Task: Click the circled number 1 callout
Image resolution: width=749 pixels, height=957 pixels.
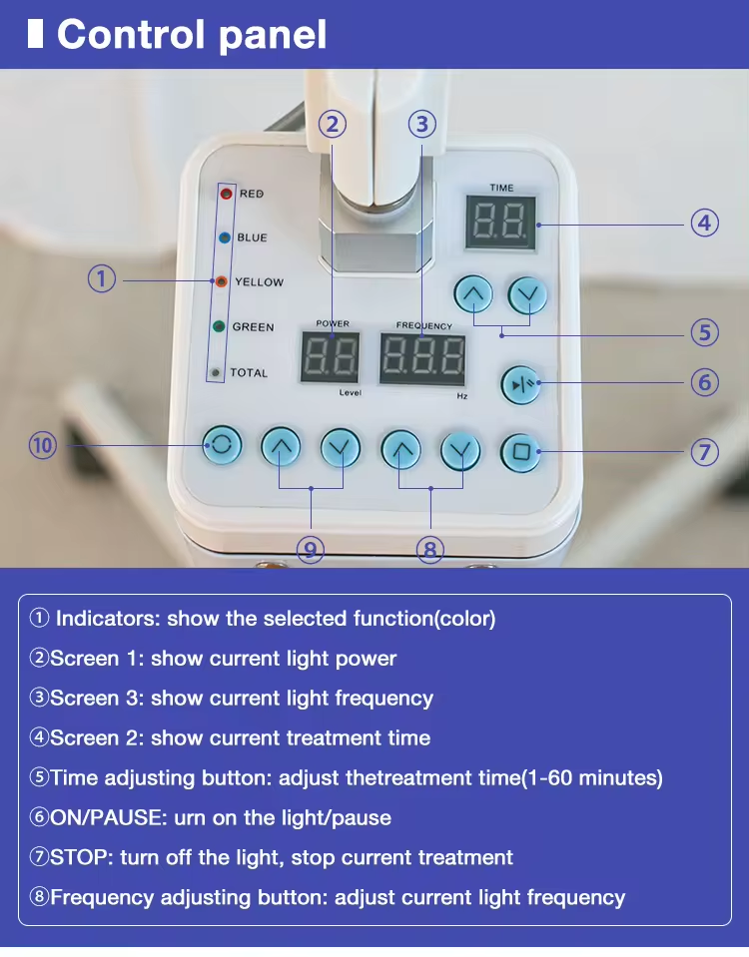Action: pyautogui.click(x=102, y=278)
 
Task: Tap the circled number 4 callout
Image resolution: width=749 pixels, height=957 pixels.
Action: pyautogui.click(x=705, y=223)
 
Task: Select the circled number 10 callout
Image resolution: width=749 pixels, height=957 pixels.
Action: pyautogui.click(x=43, y=445)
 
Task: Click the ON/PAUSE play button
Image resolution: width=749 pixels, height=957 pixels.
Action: pyautogui.click(x=520, y=384)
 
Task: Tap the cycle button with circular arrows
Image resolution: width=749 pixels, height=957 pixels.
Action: pyautogui.click(x=221, y=446)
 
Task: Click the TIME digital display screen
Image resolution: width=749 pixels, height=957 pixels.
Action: pyautogui.click(x=500, y=223)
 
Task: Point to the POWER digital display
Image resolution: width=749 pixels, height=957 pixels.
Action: pyautogui.click(x=331, y=357)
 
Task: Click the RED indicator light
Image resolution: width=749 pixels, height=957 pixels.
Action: pyautogui.click(x=225, y=194)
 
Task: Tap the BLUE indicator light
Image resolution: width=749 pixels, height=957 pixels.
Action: pyautogui.click(x=225, y=238)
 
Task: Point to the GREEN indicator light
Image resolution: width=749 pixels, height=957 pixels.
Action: pyautogui.click(x=219, y=326)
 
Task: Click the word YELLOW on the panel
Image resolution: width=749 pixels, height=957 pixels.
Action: pyautogui.click(x=259, y=282)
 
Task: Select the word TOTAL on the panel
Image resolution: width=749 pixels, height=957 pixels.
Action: pyautogui.click(x=249, y=373)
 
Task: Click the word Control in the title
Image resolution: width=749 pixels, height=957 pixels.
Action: pyautogui.click(x=123, y=34)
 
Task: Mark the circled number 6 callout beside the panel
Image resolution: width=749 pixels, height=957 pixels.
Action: pyautogui.click(x=705, y=382)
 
